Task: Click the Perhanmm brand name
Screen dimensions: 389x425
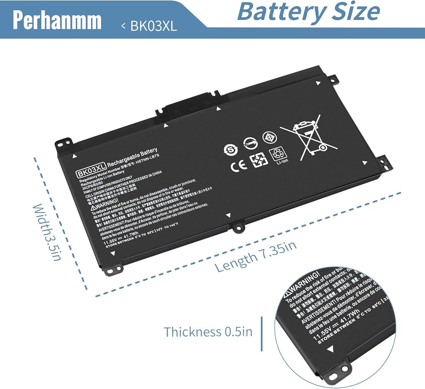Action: point(57,20)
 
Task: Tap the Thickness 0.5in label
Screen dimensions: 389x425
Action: point(208,332)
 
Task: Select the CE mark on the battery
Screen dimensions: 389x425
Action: point(238,165)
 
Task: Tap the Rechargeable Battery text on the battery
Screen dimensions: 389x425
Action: point(132,158)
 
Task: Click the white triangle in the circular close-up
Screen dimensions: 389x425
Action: point(330,349)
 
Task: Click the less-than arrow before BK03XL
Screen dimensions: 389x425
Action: point(123,26)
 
